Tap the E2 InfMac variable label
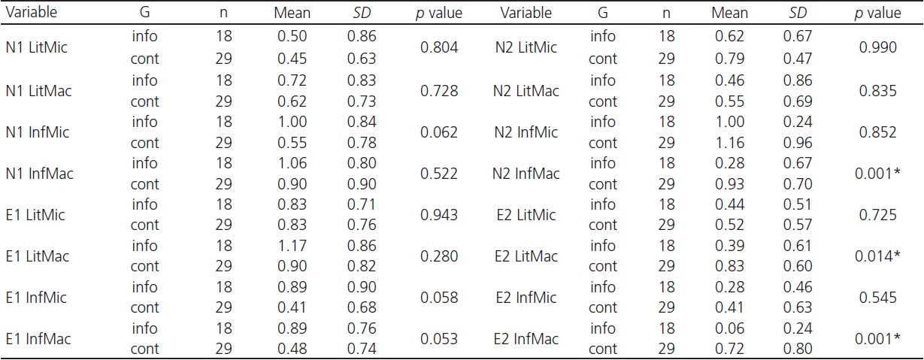click(x=526, y=339)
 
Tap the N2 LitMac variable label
click(x=526, y=90)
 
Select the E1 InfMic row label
click(x=36, y=298)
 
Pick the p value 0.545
click(x=878, y=298)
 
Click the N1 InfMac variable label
click(x=38, y=173)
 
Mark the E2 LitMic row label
click(x=526, y=215)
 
